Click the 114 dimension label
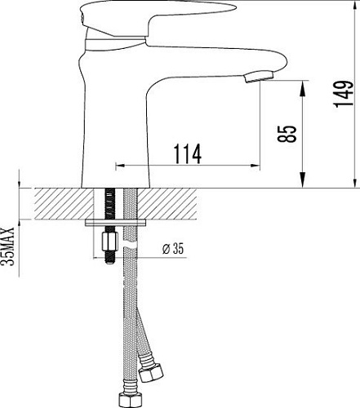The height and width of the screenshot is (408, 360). (x=188, y=153)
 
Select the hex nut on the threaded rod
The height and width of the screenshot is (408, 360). (x=106, y=242)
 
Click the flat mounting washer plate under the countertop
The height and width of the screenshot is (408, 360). (x=117, y=222)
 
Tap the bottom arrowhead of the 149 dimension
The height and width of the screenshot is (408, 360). (x=353, y=184)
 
